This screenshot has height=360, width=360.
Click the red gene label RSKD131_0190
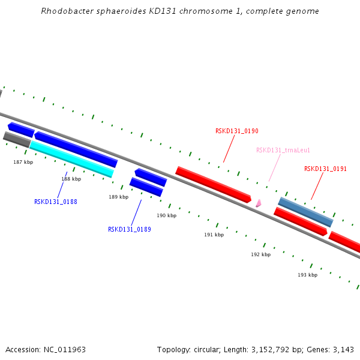tap(236, 131)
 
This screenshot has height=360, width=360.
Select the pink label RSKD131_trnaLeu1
tap(283, 150)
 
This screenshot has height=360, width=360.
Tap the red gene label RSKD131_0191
tap(325, 169)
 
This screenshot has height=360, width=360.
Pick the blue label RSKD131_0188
tap(55, 202)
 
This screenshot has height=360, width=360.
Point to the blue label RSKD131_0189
tap(129, 229)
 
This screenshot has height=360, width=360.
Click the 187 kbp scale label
tap(23, 162)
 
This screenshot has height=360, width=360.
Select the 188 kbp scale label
tap(71, 179)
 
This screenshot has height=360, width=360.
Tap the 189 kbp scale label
tap(118, 197)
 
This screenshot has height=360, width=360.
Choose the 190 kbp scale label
tap(166, 215)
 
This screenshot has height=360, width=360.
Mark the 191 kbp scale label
tap(214, 235)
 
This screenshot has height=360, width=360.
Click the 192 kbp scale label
tap(260, 254)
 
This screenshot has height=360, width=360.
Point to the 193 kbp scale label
tap(307, 275)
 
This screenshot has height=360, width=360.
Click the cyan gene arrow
tap(71, 159)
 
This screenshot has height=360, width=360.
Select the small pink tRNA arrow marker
tap(258, 203)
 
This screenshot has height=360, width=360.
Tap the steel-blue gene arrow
tap(305, 212)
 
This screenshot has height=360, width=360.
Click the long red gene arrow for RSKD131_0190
tap(213, 184)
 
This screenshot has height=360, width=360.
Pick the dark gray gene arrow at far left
tap(17, 139)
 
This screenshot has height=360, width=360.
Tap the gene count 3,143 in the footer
tap(343, 349)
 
